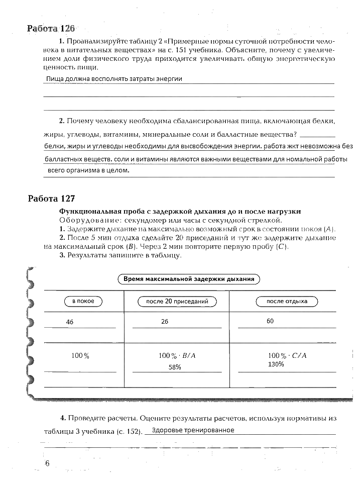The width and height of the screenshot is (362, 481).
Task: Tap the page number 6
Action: point(47,463)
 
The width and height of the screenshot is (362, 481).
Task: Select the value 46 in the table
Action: point(70,322)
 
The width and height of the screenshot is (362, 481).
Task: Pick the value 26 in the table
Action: point(165,321)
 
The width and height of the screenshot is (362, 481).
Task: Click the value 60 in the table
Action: point(270,321)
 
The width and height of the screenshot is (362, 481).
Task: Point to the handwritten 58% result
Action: point(175,367)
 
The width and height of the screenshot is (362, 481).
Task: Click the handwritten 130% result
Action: point(276,364)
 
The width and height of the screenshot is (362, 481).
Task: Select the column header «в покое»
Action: point(83,301)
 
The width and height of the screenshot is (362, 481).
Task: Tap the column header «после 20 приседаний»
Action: point(177,302)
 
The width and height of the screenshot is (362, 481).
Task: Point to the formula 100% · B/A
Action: point(177,355)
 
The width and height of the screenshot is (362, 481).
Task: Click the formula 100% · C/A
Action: point(287,355)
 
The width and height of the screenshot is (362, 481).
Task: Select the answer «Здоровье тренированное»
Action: point(193,430)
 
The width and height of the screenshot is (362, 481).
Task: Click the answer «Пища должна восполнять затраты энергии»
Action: point(113,79)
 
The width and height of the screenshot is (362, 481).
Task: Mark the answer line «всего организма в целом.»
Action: point(88,170)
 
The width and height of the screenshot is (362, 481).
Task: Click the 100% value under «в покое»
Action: point(80,355)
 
